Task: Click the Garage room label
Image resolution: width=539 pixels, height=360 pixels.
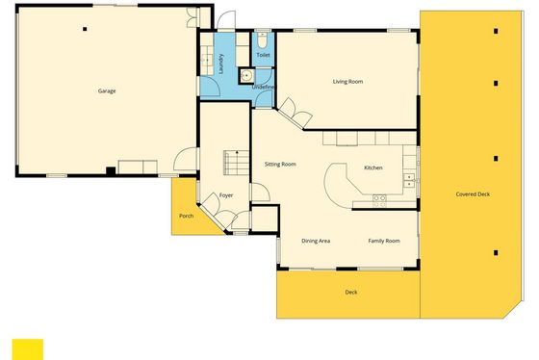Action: pos(107,91)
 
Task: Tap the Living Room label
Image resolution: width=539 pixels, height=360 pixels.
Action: pos(347,82)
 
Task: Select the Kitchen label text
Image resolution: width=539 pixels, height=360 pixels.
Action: pos(373,167)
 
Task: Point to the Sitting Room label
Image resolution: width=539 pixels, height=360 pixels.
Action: pos(280,165)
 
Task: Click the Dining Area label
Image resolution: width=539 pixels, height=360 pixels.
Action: pos(316,241)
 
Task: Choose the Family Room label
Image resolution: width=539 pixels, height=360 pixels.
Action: pos(384,241)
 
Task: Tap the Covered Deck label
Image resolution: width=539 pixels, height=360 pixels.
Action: pos(473,194)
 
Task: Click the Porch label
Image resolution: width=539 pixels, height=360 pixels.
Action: pos(187,216)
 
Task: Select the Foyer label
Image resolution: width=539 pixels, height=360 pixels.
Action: pos(226,195)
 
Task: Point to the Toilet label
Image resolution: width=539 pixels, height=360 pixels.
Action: pos(264,55)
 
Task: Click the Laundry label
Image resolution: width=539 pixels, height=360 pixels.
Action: pos(221,64)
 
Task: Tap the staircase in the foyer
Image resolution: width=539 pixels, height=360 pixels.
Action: pos(236,163)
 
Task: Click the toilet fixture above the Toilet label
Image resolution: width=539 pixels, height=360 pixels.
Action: pos(263,40)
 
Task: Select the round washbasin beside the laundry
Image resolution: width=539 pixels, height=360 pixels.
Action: pos(246,76)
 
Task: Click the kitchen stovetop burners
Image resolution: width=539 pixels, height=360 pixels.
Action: pos(379,201)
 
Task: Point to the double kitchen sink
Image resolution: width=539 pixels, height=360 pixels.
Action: pos(409,181)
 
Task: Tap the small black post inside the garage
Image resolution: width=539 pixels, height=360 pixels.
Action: pos(85,29)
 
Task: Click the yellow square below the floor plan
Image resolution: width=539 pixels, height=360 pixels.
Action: pos(28,349)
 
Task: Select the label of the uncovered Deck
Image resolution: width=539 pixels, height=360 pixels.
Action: pos(351,293)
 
